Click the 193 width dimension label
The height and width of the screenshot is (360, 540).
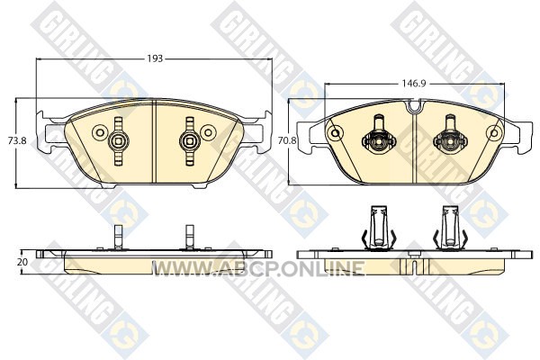(155, 58)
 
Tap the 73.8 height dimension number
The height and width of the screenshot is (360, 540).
(17, 140)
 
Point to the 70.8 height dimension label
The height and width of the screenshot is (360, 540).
(287, 140)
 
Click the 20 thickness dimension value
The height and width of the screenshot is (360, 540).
(22, 262)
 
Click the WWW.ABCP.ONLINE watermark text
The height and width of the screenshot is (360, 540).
(258, 268)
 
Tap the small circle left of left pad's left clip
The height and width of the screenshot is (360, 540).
(100, 132)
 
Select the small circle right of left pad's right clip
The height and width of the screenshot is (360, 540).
(208, 132)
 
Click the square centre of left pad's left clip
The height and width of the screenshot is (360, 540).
(118, 141)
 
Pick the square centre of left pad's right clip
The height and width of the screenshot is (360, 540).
(189, 141)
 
